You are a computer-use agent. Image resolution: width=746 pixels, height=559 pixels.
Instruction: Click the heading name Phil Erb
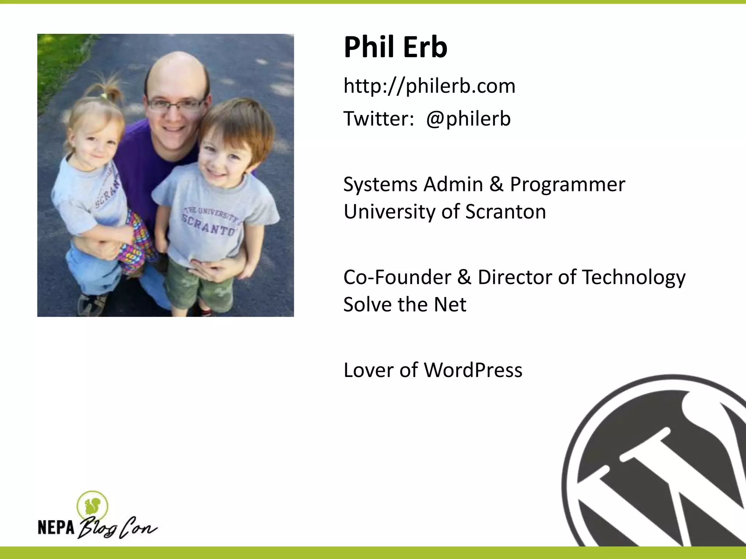(395, 47)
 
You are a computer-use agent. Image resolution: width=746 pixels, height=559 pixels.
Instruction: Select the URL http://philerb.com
(429, 86)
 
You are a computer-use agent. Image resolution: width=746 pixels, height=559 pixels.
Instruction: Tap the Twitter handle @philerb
(468, 119)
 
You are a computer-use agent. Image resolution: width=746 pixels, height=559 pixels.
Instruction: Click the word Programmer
(568, 185)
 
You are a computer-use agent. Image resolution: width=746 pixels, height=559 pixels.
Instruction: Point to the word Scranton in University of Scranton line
(506, 212)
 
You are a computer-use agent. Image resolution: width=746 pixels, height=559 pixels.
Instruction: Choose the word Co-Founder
(397, 277)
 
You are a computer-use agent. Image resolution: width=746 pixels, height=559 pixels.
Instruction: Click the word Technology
(633, 277)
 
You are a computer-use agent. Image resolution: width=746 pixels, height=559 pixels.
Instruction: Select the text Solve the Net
(404, 305)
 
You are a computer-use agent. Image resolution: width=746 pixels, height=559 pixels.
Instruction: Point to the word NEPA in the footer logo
(56, 527)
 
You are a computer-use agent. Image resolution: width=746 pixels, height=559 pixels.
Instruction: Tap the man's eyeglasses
(176, 105)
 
